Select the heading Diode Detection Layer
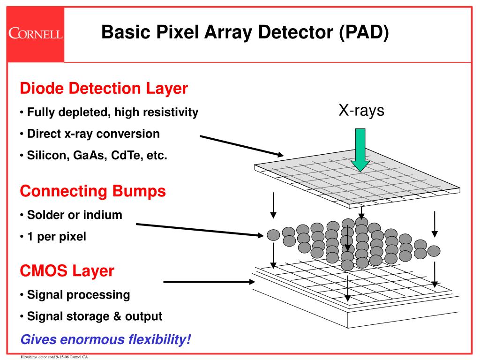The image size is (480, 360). (104, 88)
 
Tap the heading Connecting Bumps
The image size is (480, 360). (93, 191)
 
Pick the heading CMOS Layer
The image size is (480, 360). (67, 270)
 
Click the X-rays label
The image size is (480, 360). (361, 111)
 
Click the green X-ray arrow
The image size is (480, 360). (360, 150)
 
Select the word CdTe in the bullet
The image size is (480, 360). (126, 156)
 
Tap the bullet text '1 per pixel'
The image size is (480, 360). (56, 237)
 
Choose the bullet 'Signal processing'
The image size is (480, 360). (78, 295)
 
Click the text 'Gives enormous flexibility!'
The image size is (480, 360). (105, 339)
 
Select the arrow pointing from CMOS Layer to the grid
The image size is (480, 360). (209, 282)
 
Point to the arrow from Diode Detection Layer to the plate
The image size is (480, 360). (242, 145)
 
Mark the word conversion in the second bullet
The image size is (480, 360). (131, 134)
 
